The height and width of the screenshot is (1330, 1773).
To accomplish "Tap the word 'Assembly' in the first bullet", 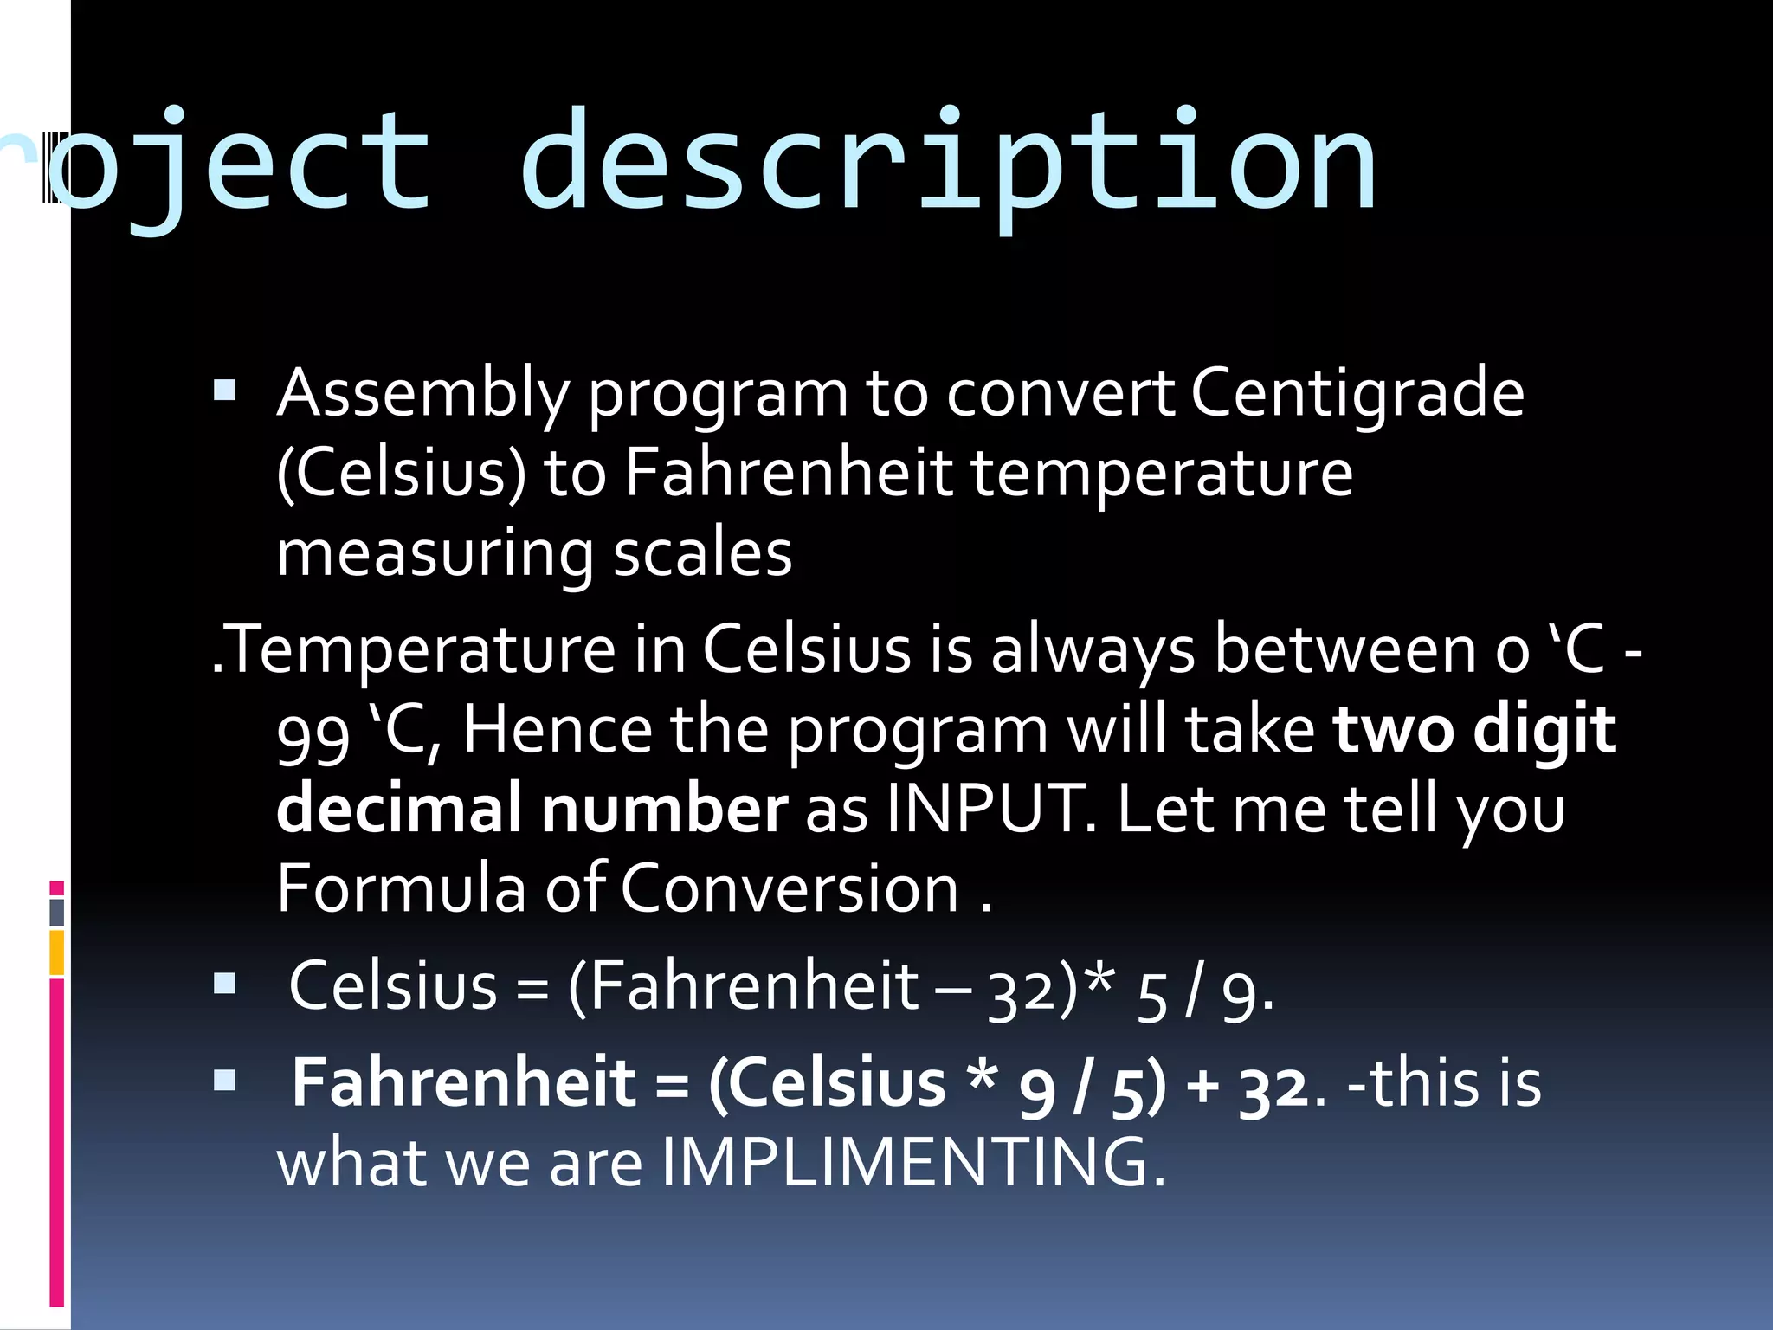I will pos(422,394).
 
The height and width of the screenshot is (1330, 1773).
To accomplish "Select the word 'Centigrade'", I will pos(1357,394).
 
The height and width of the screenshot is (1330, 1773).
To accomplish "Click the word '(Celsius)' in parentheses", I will pos(401,474).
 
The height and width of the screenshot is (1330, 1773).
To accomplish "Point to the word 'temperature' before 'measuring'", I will pos(1161,474).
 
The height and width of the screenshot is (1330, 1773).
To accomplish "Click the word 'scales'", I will pos(702,553).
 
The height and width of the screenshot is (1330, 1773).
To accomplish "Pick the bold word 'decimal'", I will pos(399,808).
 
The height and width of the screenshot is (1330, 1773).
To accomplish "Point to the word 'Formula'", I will pos(401,888).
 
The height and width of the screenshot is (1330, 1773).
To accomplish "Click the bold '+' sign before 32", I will pos(1203,1085).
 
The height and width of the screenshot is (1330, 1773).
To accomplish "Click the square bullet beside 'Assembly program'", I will pos(225,391).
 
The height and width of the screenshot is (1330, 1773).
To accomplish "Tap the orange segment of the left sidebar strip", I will pos(57,952).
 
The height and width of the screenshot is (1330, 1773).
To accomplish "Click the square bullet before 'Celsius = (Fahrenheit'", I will pos(225,985).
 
